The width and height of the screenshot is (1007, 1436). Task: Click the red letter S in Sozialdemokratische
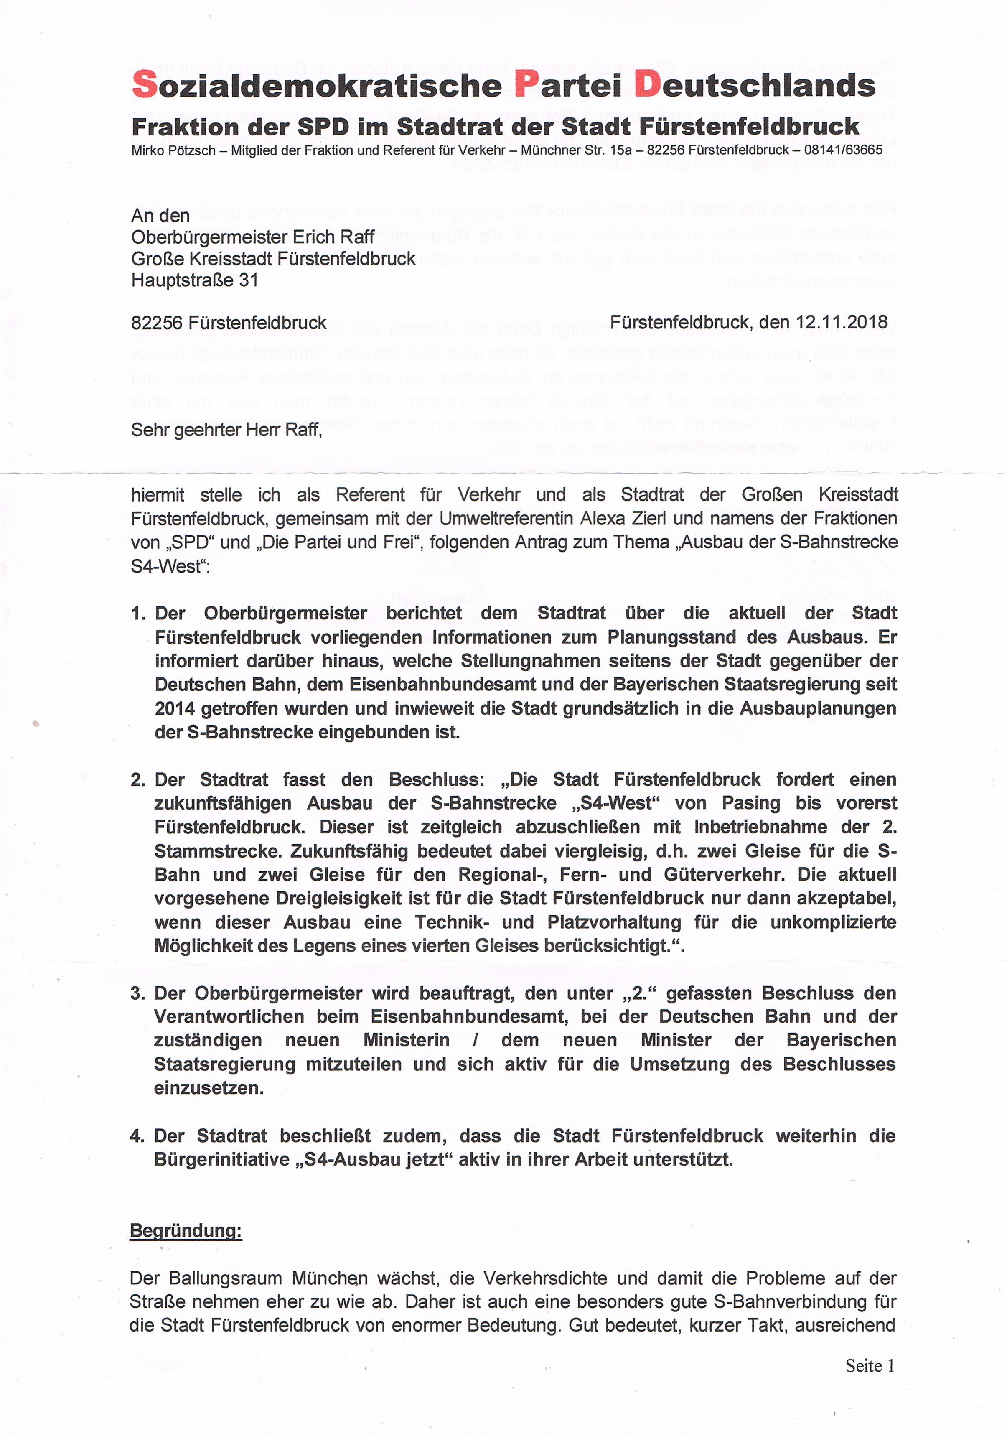click(145, 84)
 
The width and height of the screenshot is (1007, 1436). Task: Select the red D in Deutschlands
click(648, 84)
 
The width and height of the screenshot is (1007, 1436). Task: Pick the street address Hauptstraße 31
click(195, 280)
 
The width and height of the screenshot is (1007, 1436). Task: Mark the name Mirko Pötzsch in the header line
click(166, 150)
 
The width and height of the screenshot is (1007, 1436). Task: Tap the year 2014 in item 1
click(175, 709)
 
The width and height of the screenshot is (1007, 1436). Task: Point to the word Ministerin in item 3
click(407, 1040)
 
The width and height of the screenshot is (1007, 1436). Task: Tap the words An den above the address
click(160, 216)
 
